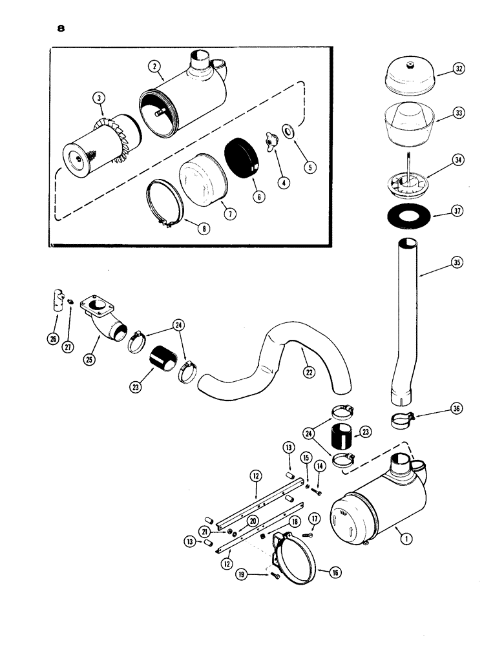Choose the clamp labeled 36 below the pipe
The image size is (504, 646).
403,420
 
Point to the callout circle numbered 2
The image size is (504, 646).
153,66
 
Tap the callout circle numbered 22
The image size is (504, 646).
307,371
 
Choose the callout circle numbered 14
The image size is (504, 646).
319,466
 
